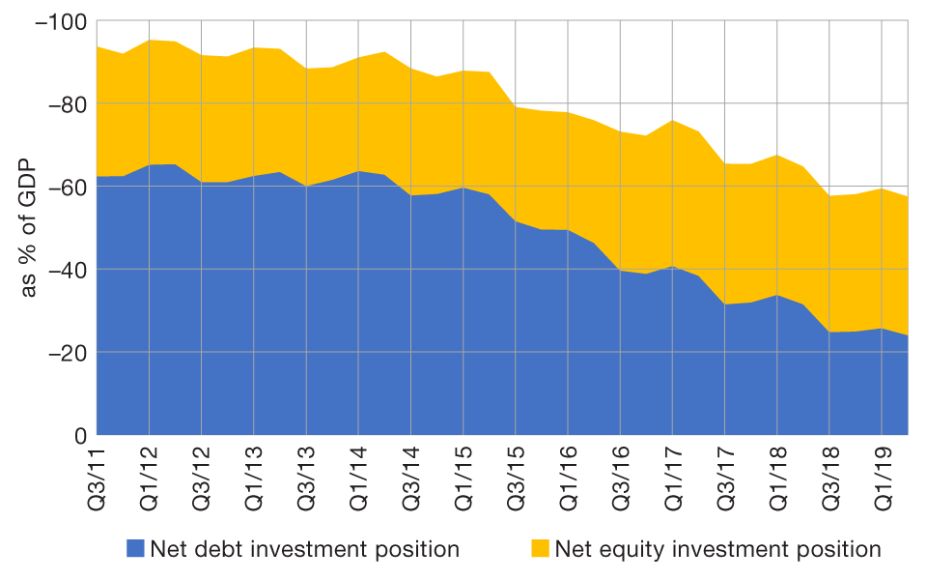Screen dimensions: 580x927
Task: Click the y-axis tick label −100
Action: click(60, 21)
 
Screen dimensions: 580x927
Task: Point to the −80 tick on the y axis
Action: click(65, 103)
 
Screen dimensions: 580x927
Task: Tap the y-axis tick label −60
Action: click(65, 187)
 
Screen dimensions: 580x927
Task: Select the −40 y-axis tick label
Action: click(65, 270)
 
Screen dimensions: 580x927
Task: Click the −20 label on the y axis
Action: click(65, 353)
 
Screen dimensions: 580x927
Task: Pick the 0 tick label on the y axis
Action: click(80, 435)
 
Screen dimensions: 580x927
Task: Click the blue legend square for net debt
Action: click(135, 549)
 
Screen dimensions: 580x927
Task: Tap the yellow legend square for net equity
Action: click(539, 549)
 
